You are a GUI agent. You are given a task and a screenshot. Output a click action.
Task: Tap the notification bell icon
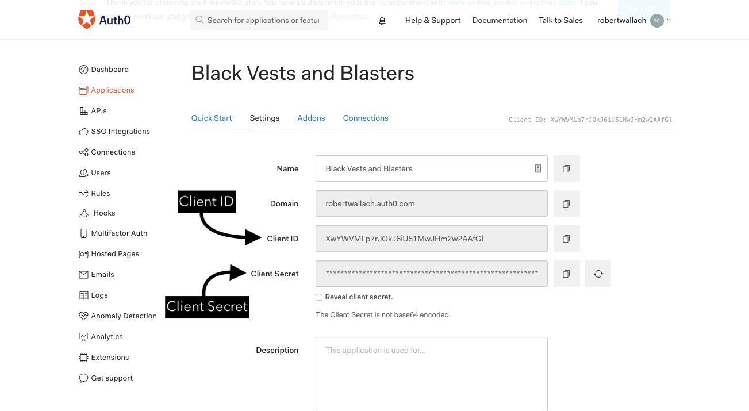tap(382, 21)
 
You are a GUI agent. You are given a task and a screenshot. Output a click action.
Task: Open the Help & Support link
tap(433, 20)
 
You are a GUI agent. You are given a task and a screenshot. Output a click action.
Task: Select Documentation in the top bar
tap(500, 20)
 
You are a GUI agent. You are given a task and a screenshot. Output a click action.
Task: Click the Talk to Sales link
tap(560, 20)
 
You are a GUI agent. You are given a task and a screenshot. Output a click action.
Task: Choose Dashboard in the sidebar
tap(109, 70)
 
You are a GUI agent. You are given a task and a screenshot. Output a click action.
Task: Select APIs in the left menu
tap(98, 111)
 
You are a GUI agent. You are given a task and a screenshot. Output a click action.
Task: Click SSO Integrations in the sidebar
tap(120, 132)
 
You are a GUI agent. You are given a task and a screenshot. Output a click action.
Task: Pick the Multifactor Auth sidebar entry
tap(119, 233)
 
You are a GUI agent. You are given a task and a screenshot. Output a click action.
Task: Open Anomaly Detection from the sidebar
tap(124, 316)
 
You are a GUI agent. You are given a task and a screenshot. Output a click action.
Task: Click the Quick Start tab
tap(212, 118)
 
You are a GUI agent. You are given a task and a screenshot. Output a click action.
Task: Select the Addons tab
tap(311, 118)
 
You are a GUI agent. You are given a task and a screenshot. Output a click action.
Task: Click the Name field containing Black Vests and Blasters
tap(425, 168)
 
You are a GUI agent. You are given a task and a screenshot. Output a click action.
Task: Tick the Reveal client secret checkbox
tap(319, 297)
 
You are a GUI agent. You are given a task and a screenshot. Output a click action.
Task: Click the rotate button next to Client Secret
tap(598, 274)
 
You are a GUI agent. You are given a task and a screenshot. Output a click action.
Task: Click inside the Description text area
tap(431, 374)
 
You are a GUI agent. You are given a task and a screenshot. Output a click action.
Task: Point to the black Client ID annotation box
tap(206, 202)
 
